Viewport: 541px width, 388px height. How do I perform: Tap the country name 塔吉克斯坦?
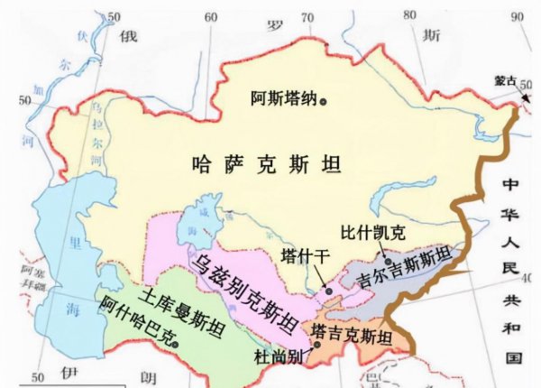pyautogui.click(x=352, y=338)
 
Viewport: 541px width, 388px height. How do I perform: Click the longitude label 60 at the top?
pyautogui.click(x=210, y=17)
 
